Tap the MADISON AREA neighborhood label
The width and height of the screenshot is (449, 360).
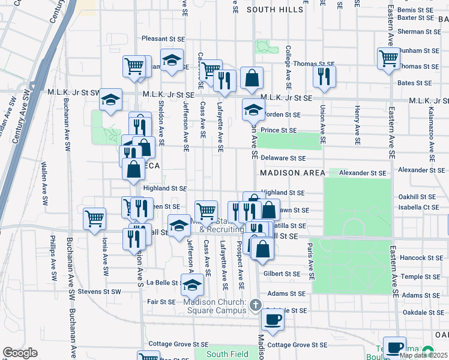tap(292, 173)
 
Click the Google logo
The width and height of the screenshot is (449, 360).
tap(20, 353)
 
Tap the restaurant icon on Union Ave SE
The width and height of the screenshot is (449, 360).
tap(324, 76)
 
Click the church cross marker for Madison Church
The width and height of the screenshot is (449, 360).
tap(255, 305)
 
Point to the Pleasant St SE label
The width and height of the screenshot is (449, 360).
tap(163, 38)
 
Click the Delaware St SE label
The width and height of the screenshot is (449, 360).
tap(283, 158)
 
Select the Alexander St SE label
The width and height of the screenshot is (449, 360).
tap(363, 173)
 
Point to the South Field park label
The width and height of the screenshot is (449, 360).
tap(228, 354)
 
